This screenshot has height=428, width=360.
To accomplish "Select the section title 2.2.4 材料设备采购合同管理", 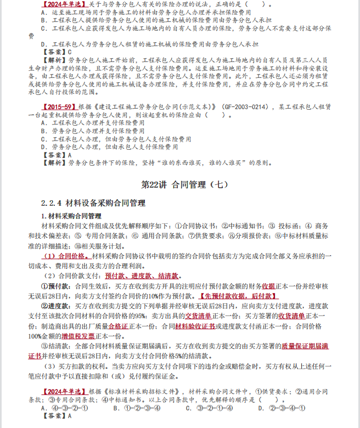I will [93, 204].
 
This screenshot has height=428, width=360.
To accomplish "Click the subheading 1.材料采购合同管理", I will [72, 216].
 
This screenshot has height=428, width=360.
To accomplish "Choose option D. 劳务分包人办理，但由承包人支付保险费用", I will [110, 147].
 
